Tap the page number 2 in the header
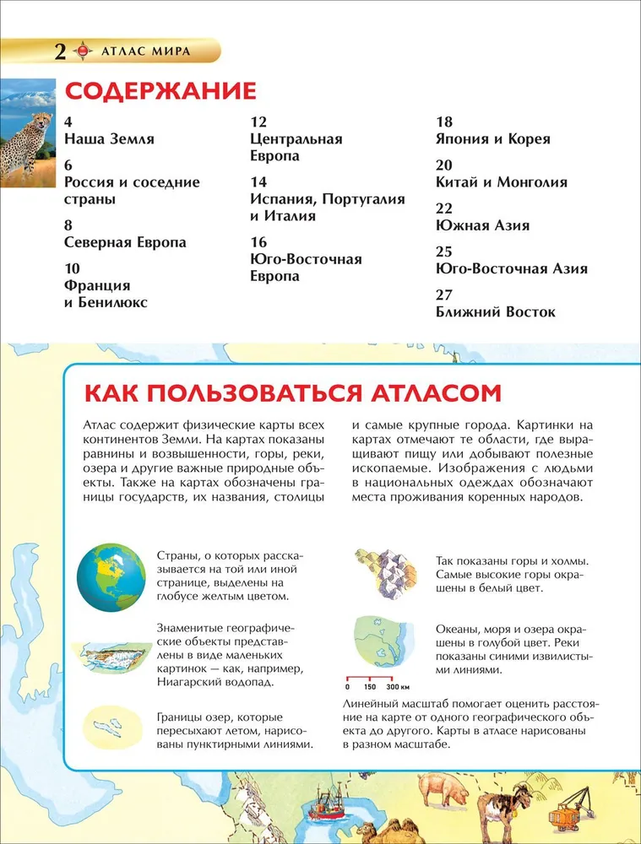click(x=58, y=51)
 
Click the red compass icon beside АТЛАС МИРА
click(x=82, y=51)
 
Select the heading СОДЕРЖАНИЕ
click(x=160, y=91)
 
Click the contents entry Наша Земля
click(x=109, y=138)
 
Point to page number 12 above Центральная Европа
click(x=258, y=122)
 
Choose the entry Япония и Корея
click(x=492, y=138)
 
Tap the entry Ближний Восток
click(x=496, y=311)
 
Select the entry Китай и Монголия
click(x=501, y=181)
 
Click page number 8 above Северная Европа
click(x=70, y=225)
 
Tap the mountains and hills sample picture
click(x=384, y=573)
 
